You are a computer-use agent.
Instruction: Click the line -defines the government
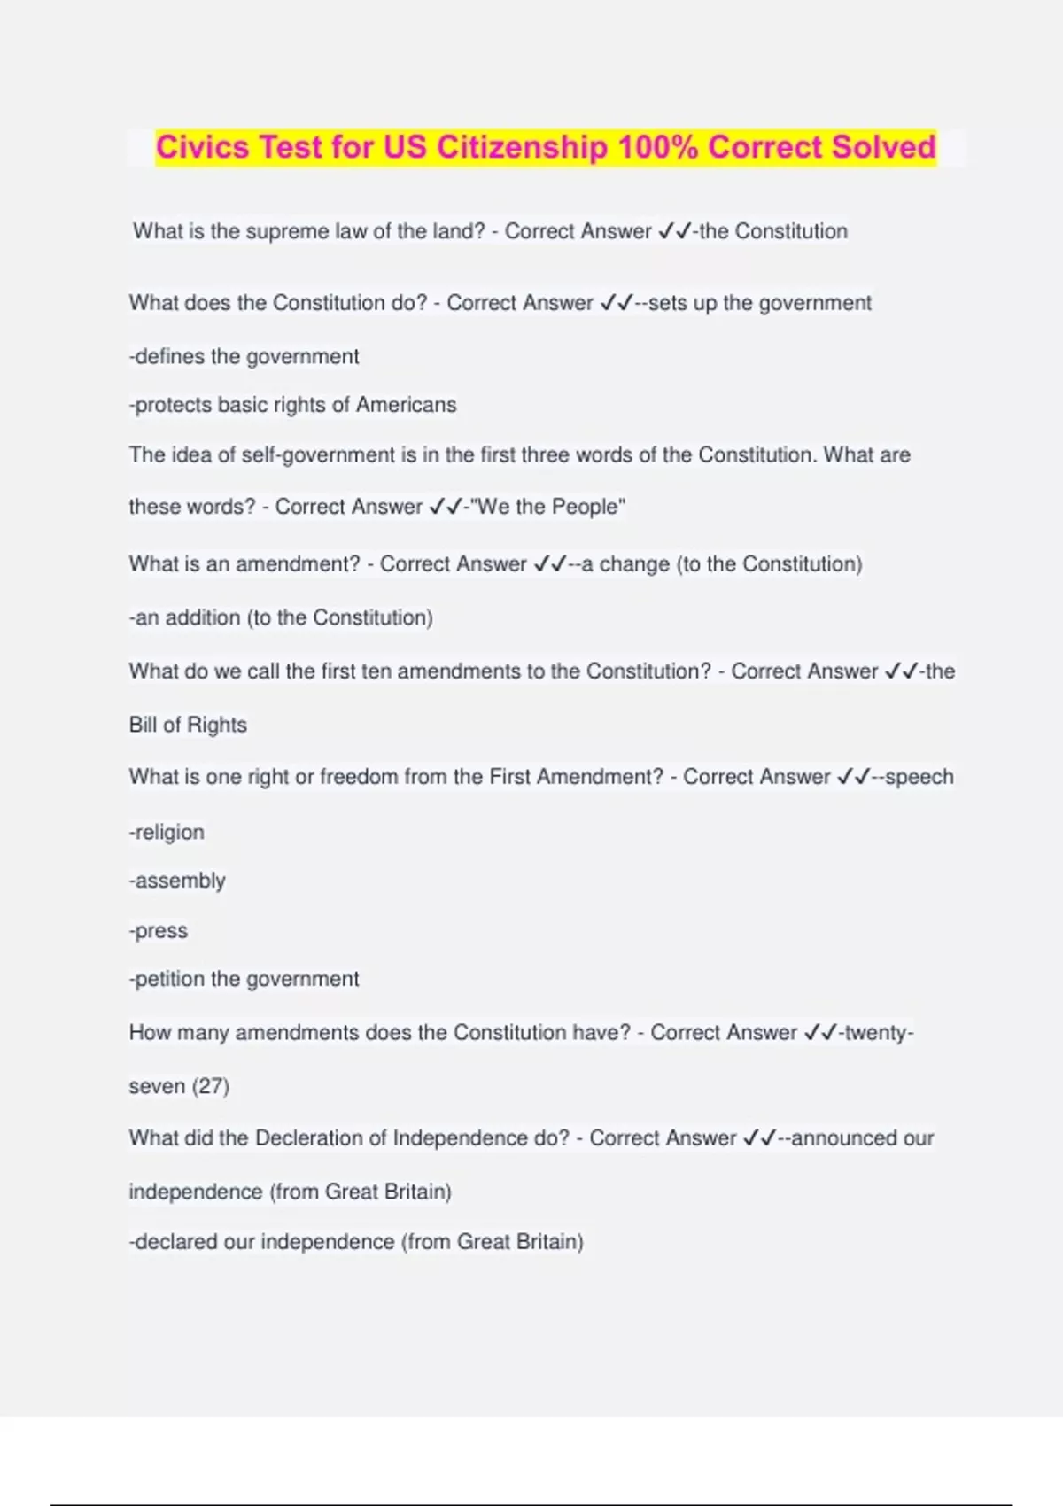[x=244, y=356]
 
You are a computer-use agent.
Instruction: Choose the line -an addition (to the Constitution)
[x=281, y=617]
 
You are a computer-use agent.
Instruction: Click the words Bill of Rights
[x=188, y=725]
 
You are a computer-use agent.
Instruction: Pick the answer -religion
[x=167, y=832]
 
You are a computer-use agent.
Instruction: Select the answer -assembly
[x=177, y=881]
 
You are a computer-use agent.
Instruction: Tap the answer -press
[x=159, y=931]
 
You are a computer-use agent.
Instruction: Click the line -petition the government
[x=244, y=979]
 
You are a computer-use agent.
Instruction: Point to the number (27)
[x=210, y=1086]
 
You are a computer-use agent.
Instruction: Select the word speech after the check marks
[x=919, y=777]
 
